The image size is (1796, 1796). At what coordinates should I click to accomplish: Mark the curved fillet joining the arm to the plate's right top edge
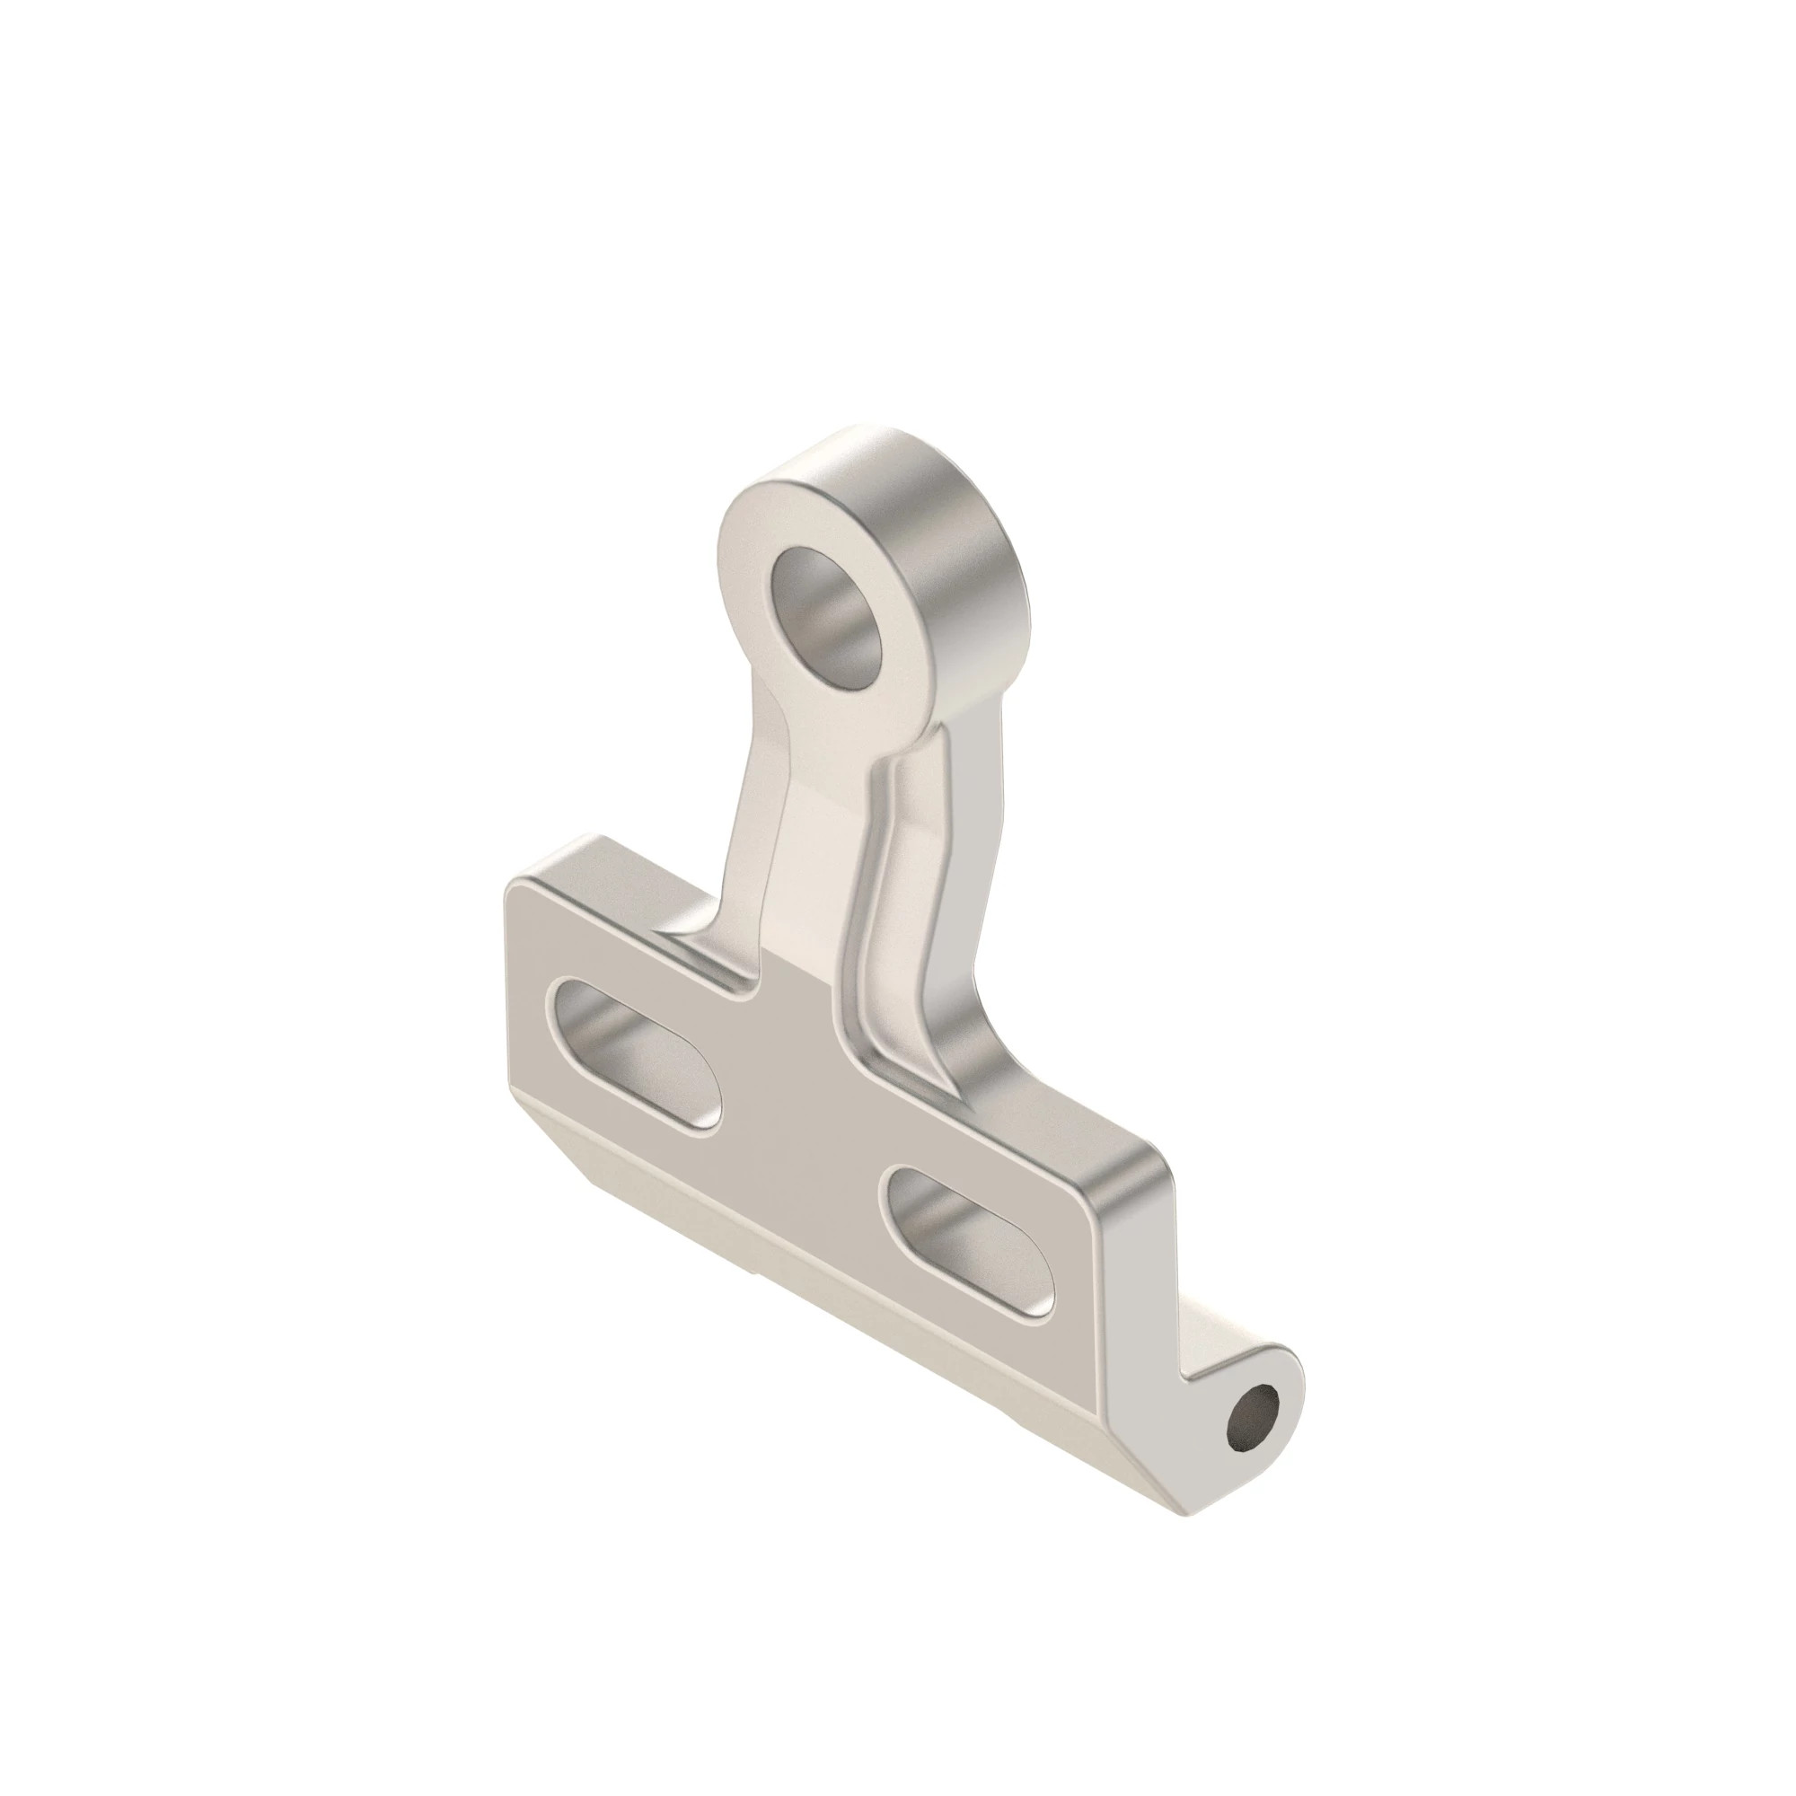point(985,1051)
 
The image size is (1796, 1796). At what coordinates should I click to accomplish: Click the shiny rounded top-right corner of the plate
point(1139,1171)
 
